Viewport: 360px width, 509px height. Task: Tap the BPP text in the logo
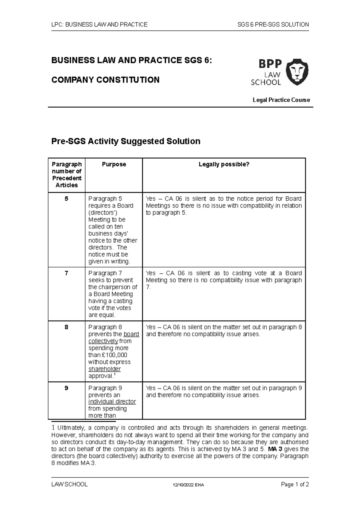[270, 64]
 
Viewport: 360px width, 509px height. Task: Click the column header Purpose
[114, 164]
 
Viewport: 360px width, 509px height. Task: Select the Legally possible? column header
[224, 164]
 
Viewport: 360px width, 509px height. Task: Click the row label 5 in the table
[66, 199]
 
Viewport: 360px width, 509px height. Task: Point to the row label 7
[66, 273]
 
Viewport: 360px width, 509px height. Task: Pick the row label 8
[66, 327]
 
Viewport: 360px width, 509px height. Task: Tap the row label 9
[66, 388]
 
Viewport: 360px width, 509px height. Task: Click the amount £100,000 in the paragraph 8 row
[114, 355]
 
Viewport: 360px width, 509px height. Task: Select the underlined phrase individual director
[112, 402]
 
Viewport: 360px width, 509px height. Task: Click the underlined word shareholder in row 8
[104, 369]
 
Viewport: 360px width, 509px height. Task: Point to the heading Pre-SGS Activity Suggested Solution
[126, 141]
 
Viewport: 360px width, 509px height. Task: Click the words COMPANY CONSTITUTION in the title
[105, 80]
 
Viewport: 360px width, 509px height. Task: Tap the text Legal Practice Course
[281, 100]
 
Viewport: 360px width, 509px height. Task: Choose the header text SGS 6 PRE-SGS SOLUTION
[273, 25]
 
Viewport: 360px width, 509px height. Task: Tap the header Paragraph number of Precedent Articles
[67, 175]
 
